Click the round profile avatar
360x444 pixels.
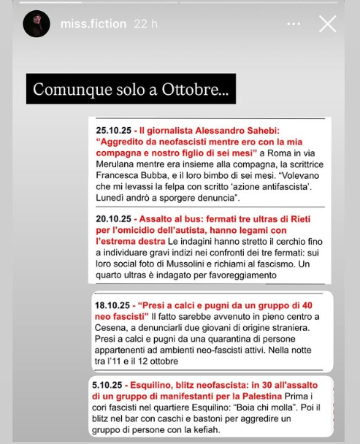[36, 24]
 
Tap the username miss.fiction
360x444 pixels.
[93, 24]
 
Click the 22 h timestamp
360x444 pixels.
[146, 24]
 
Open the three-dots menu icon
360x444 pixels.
[294, 24]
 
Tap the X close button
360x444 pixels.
[328, 24]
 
